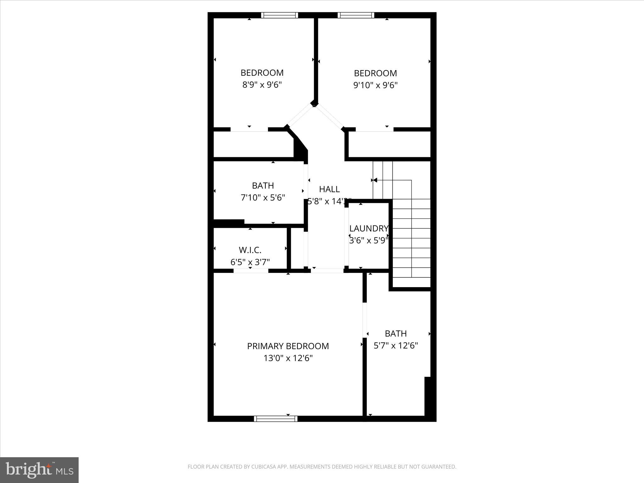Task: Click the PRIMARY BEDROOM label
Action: [x=288, y=346]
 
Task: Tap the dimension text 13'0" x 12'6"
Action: [x=288, y=358]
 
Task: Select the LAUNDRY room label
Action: [x=369, y=228]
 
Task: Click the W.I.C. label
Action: [x=250, y=250]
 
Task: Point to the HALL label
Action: [x=329, y=189]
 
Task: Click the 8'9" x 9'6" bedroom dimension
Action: [x=262, y=85]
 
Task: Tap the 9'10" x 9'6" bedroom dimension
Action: [x=375, y=85]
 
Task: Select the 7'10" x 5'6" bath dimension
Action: [x=263, y=197]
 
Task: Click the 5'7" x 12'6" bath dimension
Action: [x=396, y=346]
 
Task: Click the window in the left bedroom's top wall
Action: [x=279, y=15]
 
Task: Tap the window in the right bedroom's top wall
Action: [x=356, y=15]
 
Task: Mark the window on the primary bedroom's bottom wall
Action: [x=275, y=419]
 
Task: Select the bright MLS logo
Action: [x=39, y=470]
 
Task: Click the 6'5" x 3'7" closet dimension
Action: [x=250, y=262]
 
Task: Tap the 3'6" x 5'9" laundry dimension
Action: [x=369, y=240]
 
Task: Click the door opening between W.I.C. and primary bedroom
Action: [x=251, y=271]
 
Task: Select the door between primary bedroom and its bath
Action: [x=365, y=320]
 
